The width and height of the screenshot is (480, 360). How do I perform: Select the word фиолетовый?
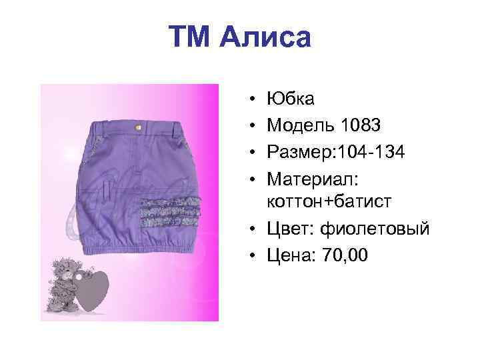375,229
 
